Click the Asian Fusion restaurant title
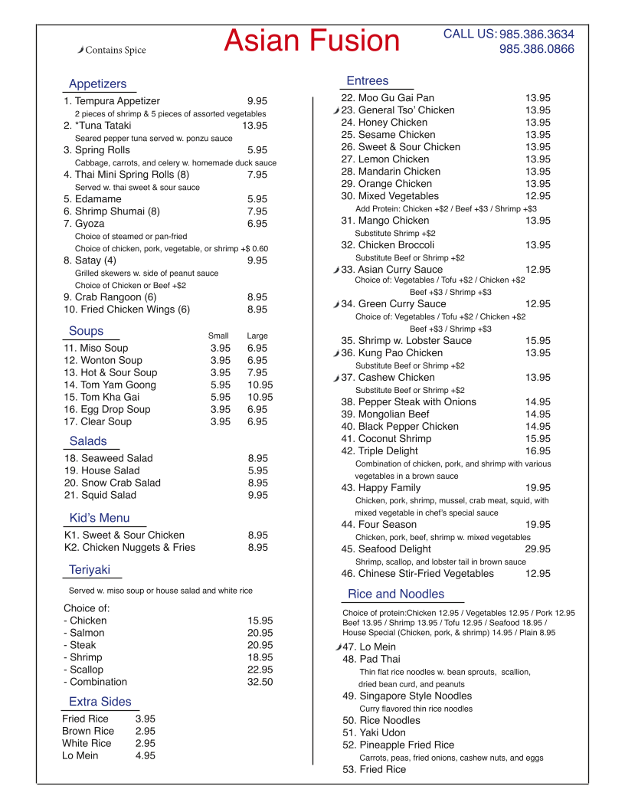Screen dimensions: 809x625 coord(312,41)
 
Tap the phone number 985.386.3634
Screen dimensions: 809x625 coord(536,34)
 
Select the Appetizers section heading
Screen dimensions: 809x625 coord(97,84)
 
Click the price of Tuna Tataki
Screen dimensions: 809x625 coord(255,126)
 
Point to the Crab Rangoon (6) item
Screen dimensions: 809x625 coord(110,297)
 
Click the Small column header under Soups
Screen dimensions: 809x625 coord(218,336)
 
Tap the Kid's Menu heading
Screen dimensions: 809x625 coord(100,518)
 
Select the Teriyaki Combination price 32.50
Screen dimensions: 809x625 coord(260,682)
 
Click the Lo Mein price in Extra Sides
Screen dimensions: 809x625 coord(146,755)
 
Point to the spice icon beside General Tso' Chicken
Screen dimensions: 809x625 coord(336,111)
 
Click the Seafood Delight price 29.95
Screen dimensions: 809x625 coord(538,549)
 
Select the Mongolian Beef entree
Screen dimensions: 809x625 coord(385,414)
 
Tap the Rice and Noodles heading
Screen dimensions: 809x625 coord(396,594)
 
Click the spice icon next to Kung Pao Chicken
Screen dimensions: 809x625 coord(336,354)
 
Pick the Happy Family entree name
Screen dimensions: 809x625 coord(381,487)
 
